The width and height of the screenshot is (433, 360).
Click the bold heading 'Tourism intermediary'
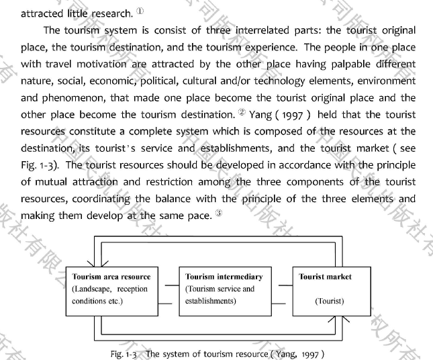[x=224, y=276]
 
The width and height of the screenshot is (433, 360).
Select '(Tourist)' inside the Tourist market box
[x=330, y=301]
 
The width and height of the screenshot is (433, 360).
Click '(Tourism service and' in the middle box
[x=220, y=289]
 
